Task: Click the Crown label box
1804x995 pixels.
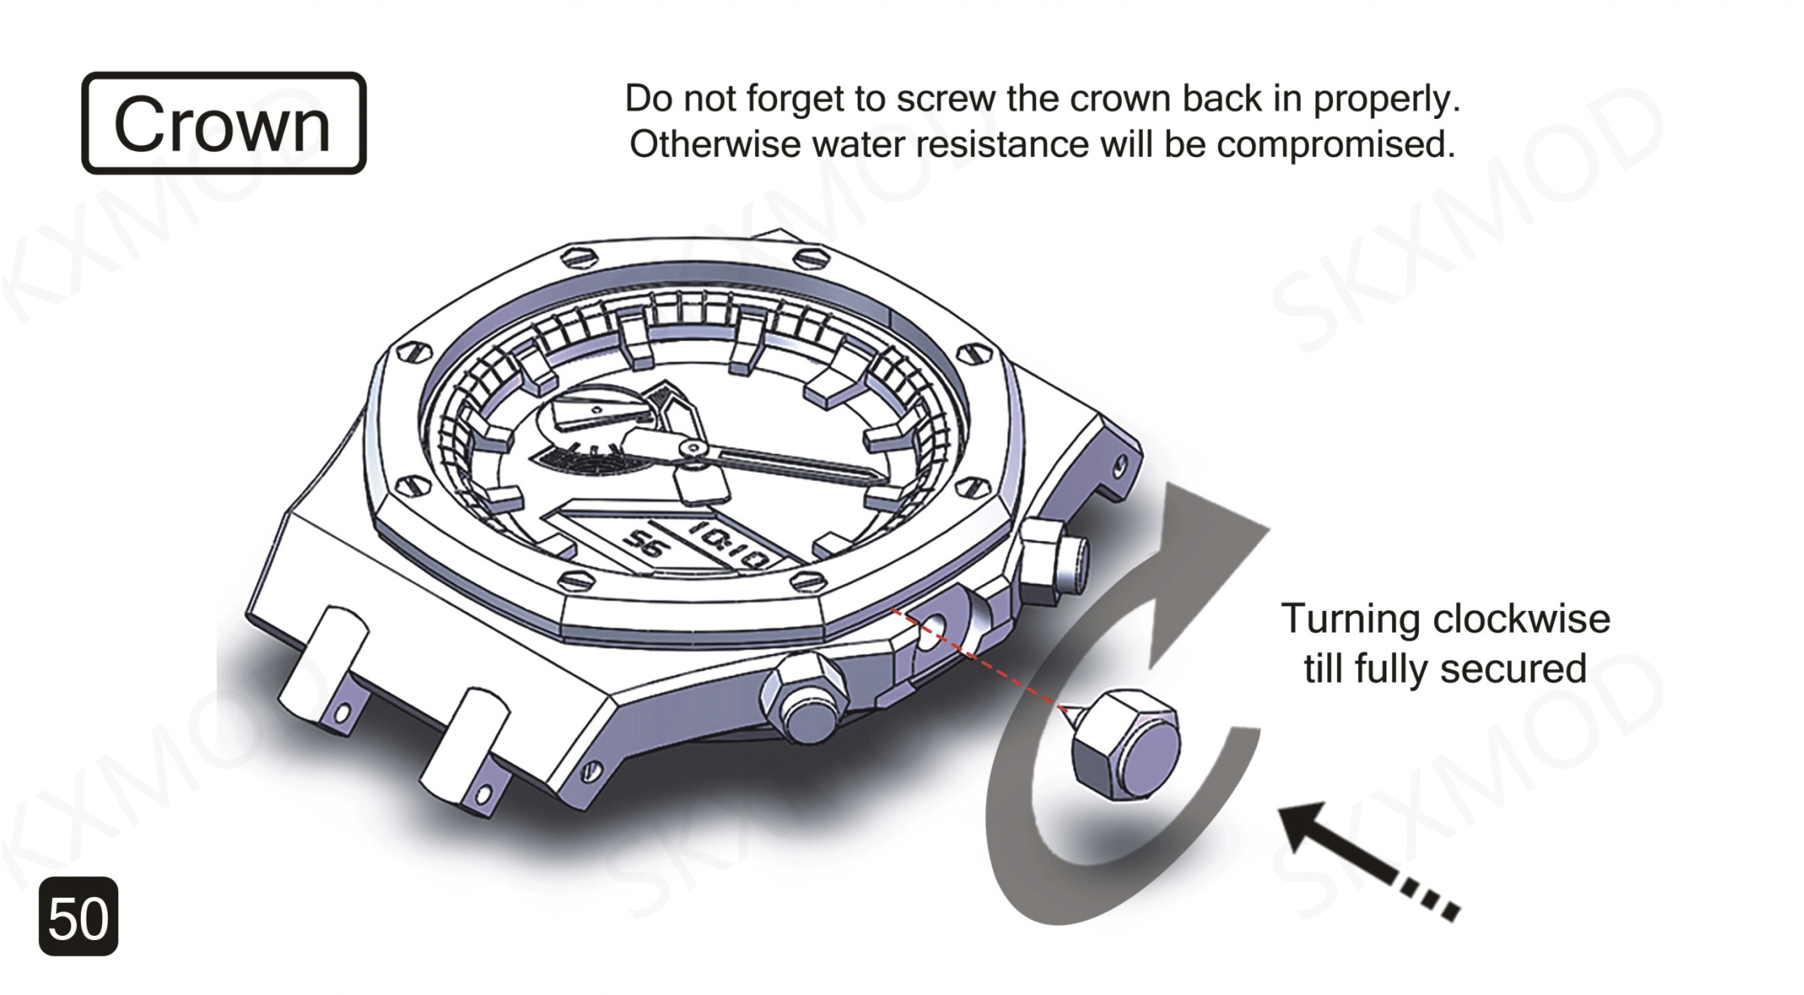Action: (223, 123)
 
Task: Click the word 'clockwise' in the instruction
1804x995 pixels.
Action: (1521, 620)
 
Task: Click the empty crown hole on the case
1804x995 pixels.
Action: (933, 625)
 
